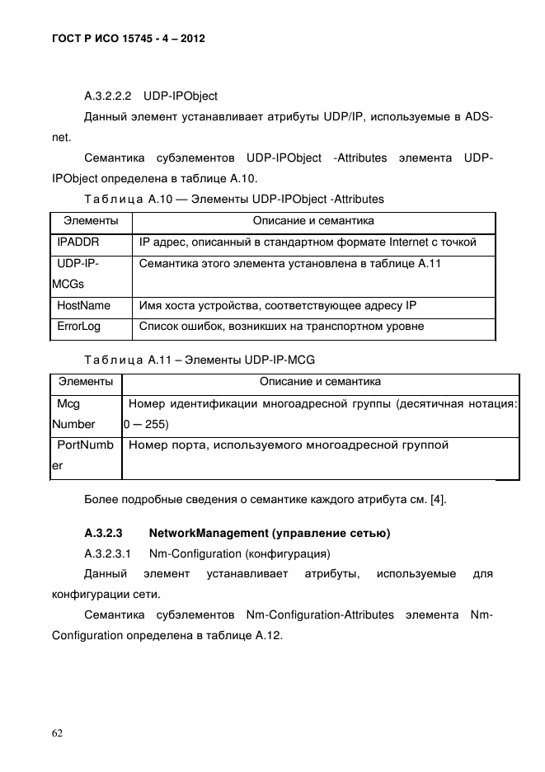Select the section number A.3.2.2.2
[108, 96]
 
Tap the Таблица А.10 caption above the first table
[234, 199]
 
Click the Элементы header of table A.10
[92, 221]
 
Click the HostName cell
[83, 305]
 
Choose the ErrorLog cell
[78, 327]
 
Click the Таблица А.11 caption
[200, 360]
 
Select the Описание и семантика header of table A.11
[320, 382]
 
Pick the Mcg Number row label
[74, 414]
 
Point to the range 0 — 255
[146, 424]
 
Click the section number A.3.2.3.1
[108, 552]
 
